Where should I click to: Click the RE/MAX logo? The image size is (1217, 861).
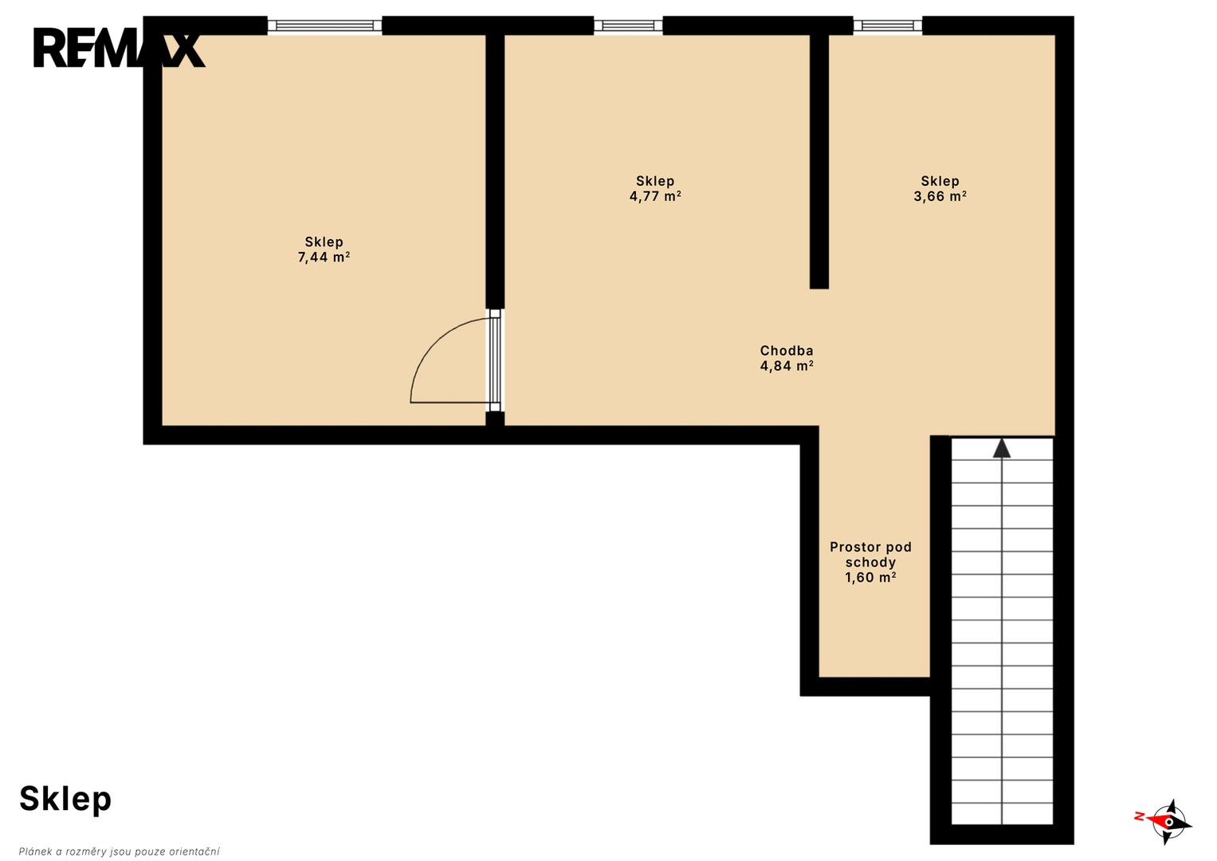(x=120, y=49)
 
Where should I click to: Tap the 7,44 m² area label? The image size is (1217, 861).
(x=324, y=257)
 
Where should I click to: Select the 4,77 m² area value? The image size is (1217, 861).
(x=655, y=196)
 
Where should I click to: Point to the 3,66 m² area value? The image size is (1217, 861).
(x=940, y=196)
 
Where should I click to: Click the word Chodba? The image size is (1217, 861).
(x=787, y=351)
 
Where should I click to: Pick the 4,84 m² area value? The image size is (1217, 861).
(x=787, y=366)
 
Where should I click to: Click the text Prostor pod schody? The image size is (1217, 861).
(x=870, y=554)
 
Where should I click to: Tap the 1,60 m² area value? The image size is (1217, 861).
(x=870, y=577)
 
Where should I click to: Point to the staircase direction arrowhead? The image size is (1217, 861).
(x=1002, y=448)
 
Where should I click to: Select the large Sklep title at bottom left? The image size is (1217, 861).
(x=65, y=800)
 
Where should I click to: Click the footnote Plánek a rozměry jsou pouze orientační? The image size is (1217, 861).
(x=119, y=851)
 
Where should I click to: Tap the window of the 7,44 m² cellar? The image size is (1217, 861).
(x=325, y=26)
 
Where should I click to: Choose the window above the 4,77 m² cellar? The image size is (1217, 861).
(x=628, y=26)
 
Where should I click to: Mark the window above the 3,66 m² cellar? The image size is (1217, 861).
(x=888, y=26)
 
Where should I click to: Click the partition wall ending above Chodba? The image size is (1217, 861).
(x=819, y=161)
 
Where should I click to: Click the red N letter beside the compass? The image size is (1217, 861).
(x=1140, y=816)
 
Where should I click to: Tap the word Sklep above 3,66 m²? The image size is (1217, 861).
(x=940, y=181)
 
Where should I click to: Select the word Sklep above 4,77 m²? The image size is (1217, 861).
(x=655, y=181)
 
